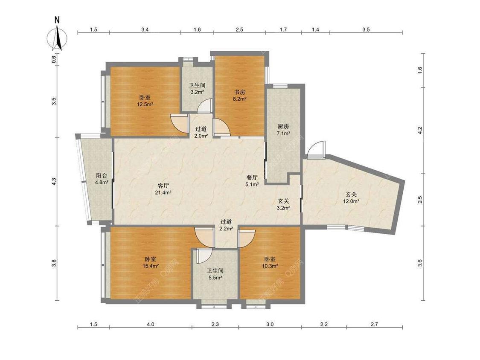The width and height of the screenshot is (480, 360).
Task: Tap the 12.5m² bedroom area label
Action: (145, 104)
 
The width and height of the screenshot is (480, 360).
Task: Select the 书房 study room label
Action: (239, 92)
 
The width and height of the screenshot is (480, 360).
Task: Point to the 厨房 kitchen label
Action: (283, 126)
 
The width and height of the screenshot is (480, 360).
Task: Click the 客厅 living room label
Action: (163, 186)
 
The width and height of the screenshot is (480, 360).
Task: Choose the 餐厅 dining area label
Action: (252, 177)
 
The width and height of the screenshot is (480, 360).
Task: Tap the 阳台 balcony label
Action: (102, 176)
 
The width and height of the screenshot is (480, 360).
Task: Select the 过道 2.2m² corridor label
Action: (226, 225)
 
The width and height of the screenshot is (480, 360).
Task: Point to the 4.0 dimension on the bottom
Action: (151, 324)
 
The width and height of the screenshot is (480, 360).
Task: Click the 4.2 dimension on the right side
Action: (420, 131)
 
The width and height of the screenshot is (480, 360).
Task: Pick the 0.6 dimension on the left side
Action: (54, 59)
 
